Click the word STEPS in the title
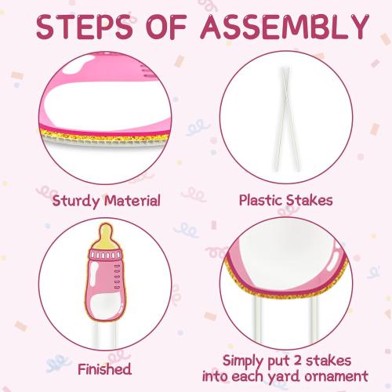pos(85,27)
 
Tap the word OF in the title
pos(166,27)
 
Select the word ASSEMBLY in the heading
pos(285,27)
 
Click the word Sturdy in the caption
pos(76,201)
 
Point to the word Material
pos(132,201)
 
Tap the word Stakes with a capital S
pos(310,200)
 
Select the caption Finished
pos(104,369)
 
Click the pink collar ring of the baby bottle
pos(105,255)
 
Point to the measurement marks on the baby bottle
pos(118,277)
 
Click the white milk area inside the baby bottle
pos(105,306)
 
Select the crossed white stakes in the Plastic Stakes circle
pos(286,119)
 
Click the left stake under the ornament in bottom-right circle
pos(257,319)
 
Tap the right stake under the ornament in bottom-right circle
pos(314,319)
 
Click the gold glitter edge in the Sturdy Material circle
pos(104,136)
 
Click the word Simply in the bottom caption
pos(242,362)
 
